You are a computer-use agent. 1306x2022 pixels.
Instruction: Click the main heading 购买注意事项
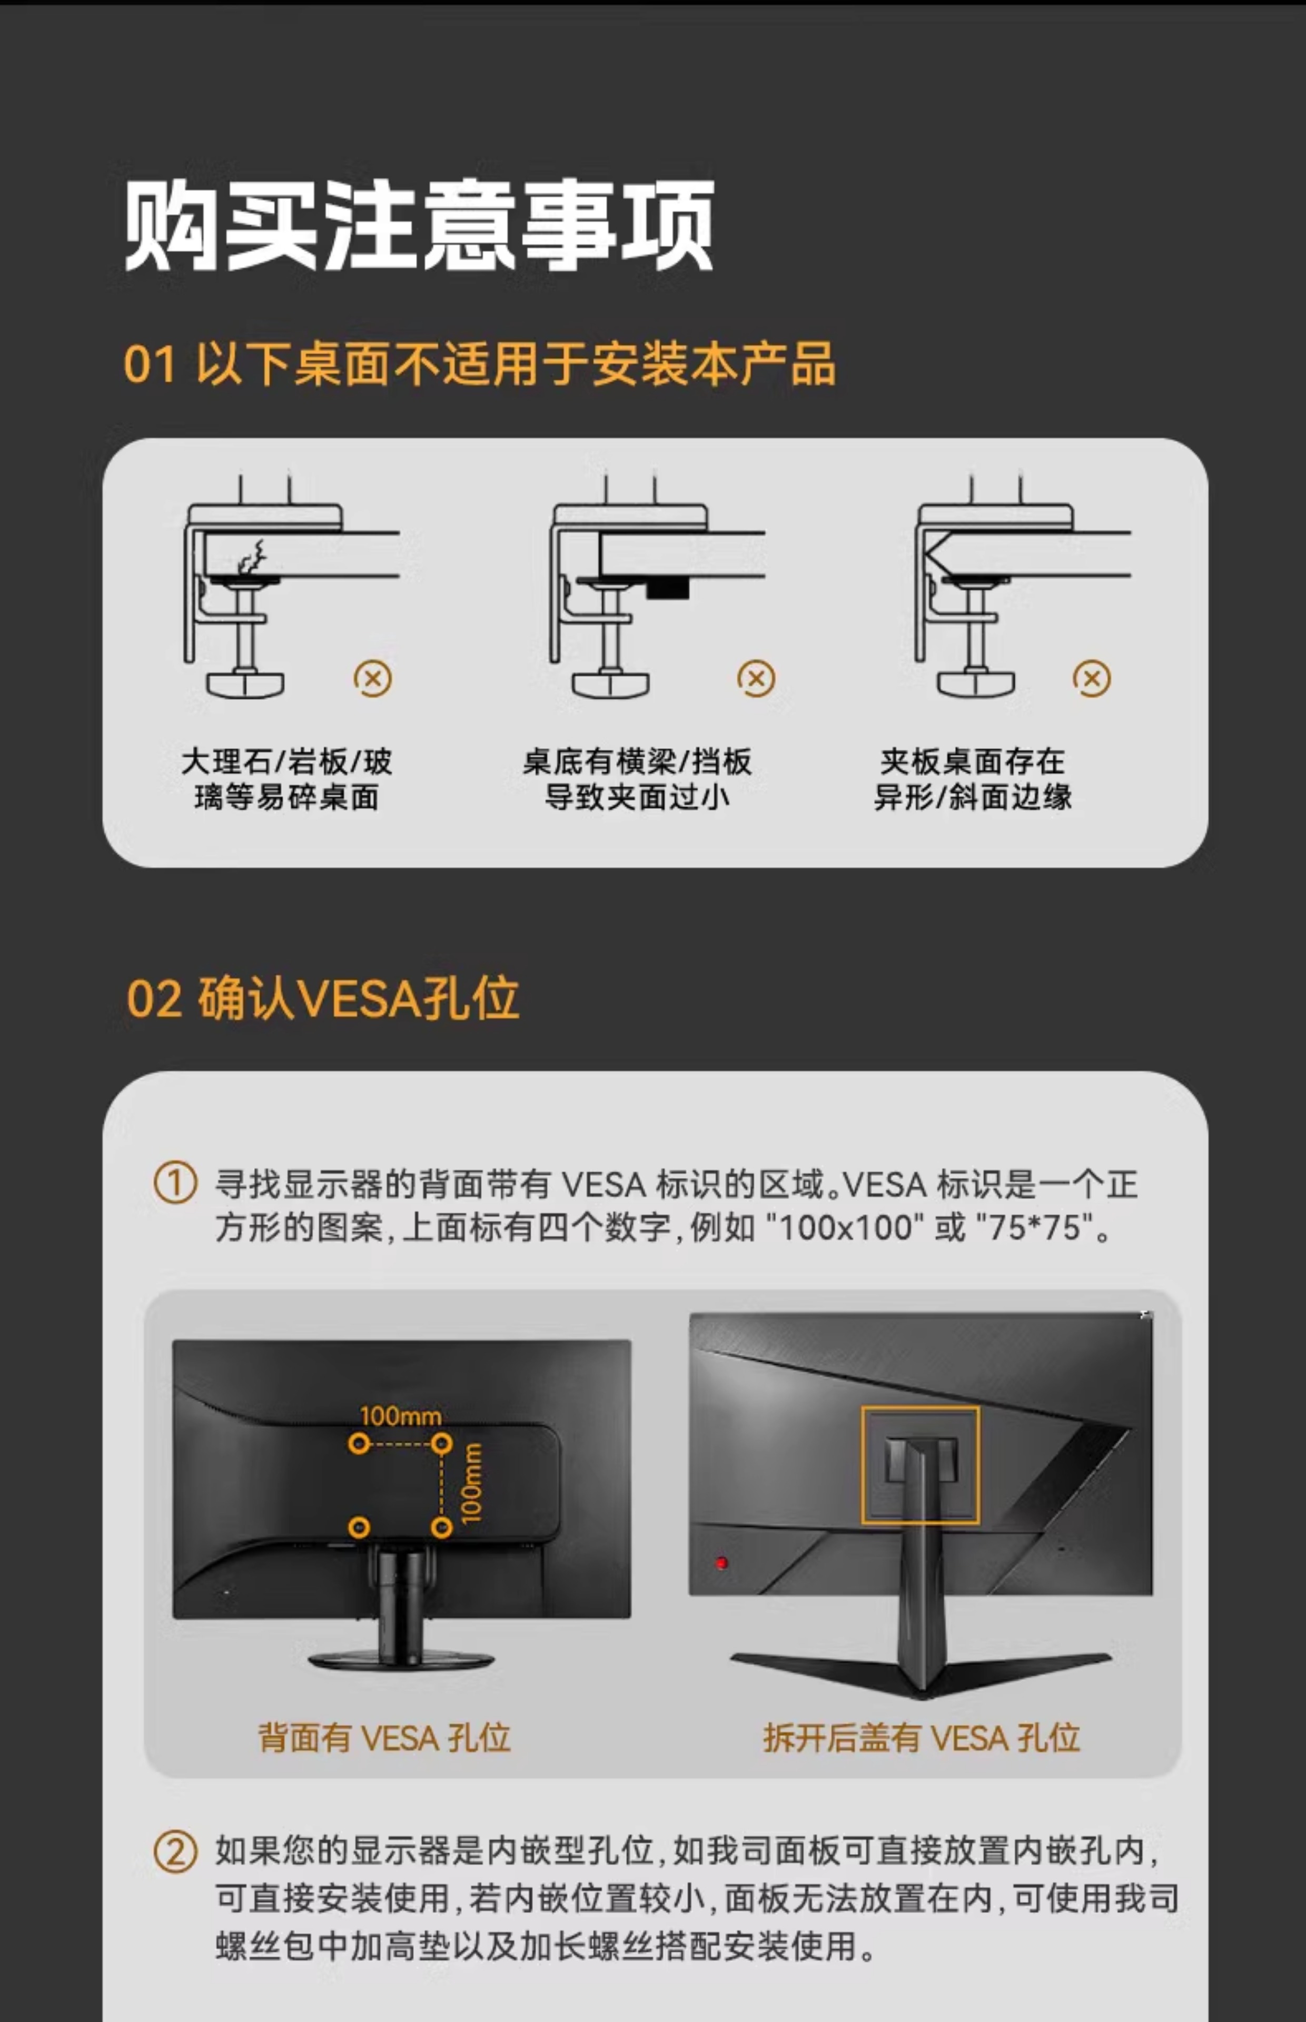coord(419,225)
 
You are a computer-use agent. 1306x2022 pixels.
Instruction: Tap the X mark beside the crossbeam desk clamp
coord(756,678)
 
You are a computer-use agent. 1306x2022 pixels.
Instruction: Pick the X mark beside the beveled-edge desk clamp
coord(1092,678)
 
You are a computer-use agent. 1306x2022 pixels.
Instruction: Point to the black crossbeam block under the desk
coord(667,588)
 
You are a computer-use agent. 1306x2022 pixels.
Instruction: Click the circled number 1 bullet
coord(175,1184)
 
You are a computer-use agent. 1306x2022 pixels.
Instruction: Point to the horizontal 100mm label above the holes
coord(400,1416)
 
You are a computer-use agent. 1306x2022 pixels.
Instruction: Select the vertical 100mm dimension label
coord(471,1484)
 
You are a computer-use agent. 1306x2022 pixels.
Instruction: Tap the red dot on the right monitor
coord(721,1562)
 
